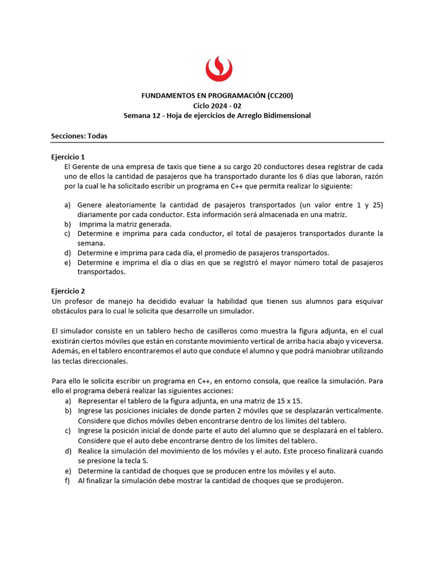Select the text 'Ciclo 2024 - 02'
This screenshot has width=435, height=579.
[x=217, y=105]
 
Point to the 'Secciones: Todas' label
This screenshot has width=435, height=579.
[x=79, y=136]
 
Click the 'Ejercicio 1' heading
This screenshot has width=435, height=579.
[x=67, y=157]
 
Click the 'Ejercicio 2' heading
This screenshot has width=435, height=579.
[x=67, y=291]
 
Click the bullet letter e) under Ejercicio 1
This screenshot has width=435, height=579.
[x=67, y=262]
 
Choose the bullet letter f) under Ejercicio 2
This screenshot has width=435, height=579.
[x=67, y=481]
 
